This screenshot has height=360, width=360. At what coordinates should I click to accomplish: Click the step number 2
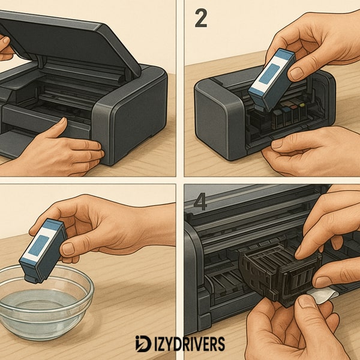[x=200, y=19]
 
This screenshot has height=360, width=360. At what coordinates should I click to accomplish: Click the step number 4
[x=199, y=202]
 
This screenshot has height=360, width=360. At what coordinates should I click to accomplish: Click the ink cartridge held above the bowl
[x=43, y=250]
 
